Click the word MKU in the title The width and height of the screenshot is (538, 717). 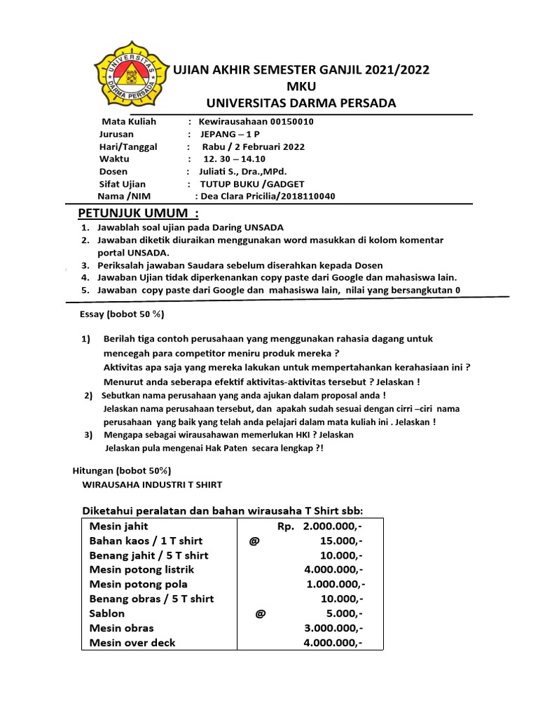(302, 86)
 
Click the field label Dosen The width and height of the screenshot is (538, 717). (114, 172)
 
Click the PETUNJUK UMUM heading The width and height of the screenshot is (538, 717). (138, 213)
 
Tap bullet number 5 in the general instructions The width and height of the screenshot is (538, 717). (84, 290)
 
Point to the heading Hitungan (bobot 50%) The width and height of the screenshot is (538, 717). (122, 471)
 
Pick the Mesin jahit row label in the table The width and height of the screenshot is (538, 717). (118, 526)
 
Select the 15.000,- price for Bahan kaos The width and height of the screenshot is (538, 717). (339, 541)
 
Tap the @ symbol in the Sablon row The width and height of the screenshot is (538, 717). (261, 613)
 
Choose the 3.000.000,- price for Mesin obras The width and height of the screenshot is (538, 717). (333, 628)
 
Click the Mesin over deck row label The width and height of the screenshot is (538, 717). (132, 643)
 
